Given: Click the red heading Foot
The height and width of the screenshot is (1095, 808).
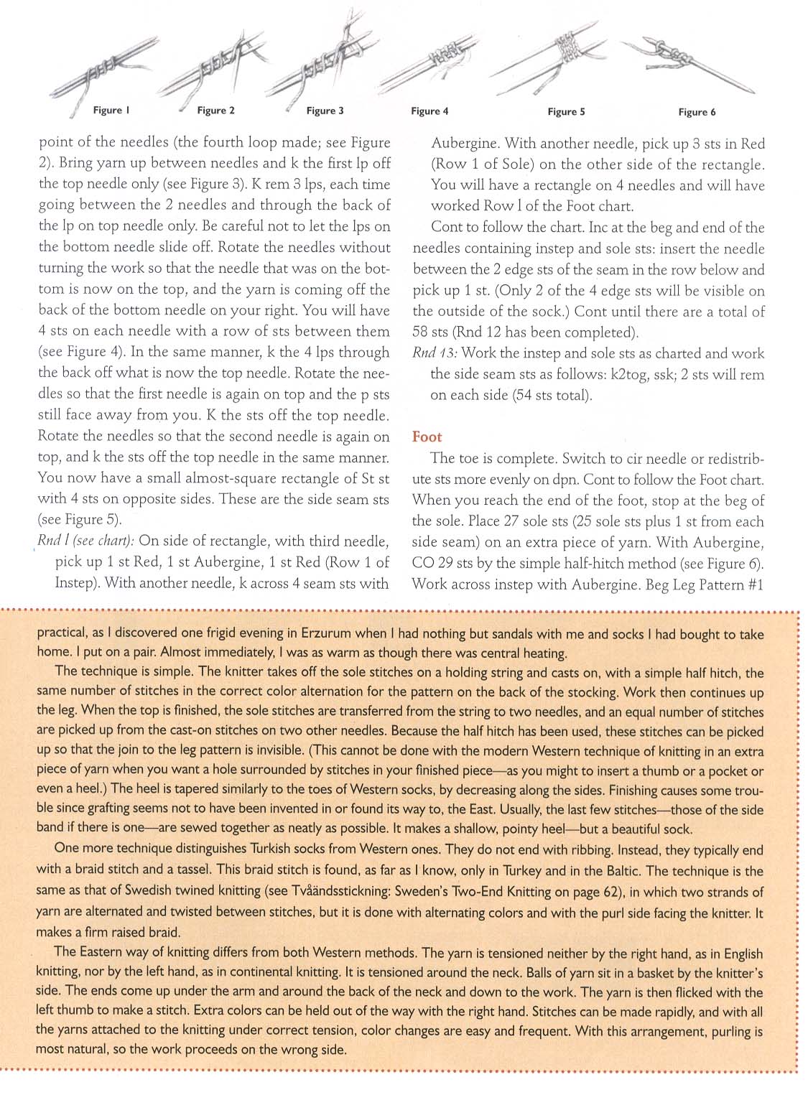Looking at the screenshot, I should (x=427, y=437).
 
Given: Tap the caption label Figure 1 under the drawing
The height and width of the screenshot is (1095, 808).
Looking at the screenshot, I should (x=111, y=110).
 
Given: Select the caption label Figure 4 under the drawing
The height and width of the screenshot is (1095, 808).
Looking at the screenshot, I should (x=429, y=111).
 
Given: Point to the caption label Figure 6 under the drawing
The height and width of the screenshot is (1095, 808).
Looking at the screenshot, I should (x=697, y=112).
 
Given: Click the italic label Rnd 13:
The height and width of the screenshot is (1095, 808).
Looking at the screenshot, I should (x=435, y=353).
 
